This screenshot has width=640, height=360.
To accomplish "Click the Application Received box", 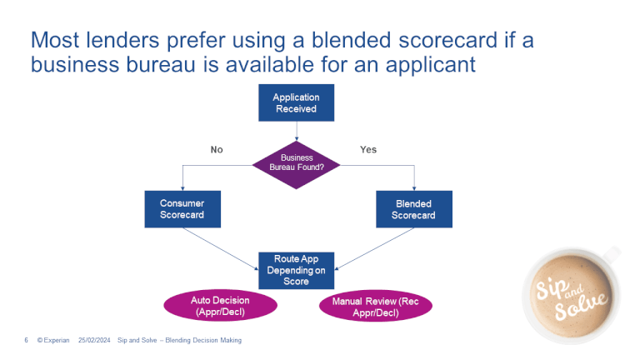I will click(x=296, y=103).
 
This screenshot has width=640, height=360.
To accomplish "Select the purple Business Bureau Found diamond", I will click(x=297, y=162).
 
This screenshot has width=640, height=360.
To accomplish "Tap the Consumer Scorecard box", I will click(x=182, y=209).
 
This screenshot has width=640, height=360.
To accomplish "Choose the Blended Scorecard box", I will click(x=413, y=209).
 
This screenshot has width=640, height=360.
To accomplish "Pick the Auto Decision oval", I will click(x=219, y=306).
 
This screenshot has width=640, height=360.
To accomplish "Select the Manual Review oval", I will click(x=376, y=307).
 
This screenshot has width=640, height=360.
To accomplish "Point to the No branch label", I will click(x=217, y=150).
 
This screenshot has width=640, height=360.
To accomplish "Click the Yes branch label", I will click(x=367, y=150).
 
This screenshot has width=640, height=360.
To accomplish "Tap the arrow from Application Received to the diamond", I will click(x=297, y=132).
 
